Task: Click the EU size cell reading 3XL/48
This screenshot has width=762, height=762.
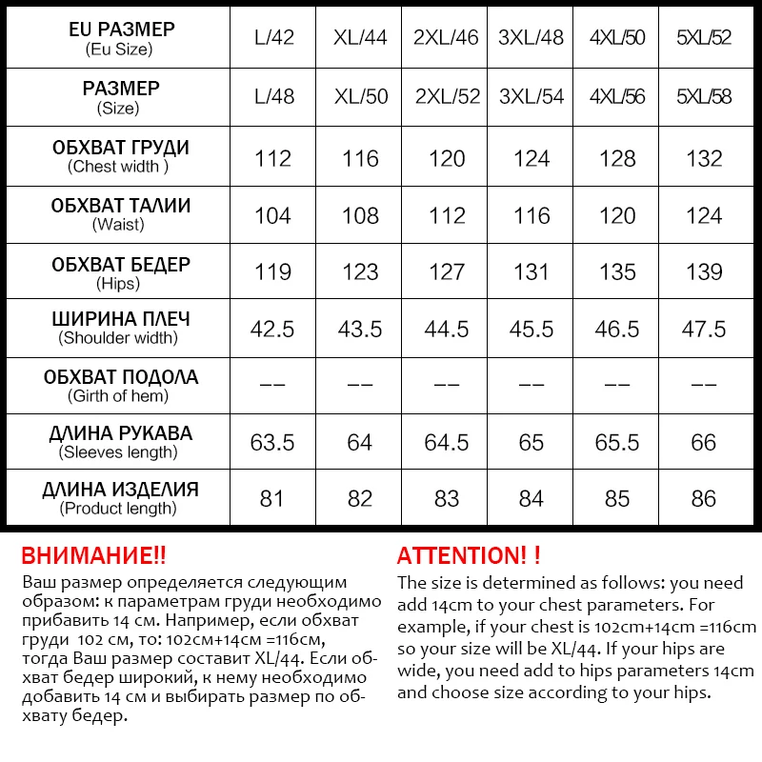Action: coord(531,39)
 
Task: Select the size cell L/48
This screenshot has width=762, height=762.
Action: coord(273,96)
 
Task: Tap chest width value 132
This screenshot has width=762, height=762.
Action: coord(704,158)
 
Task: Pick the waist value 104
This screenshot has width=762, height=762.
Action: coord(272,215)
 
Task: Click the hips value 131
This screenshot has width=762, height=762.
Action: coord(531,272)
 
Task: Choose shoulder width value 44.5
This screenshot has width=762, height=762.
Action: coord(447,330)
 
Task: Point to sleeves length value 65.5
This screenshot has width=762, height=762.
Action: coord(617,442)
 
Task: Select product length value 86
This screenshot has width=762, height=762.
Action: coord(704,498)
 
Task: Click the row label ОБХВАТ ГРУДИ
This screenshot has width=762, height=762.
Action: coord(120,148)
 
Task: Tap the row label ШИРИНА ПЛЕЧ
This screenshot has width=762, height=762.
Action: coord(120,319)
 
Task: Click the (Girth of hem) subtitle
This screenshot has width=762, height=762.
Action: coord(118,395)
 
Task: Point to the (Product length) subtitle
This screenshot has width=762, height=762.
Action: coord(118,509)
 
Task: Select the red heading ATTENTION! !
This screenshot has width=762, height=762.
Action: coord(469,556)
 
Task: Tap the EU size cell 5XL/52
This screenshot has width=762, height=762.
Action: coord(704,39)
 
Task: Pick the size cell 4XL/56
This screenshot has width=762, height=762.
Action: coord(617,96)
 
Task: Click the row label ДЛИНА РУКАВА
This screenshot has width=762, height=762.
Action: coord(120,433)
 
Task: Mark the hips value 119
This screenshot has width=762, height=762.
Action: coord(272,272)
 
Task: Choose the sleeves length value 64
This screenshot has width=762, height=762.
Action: coord(360,442)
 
